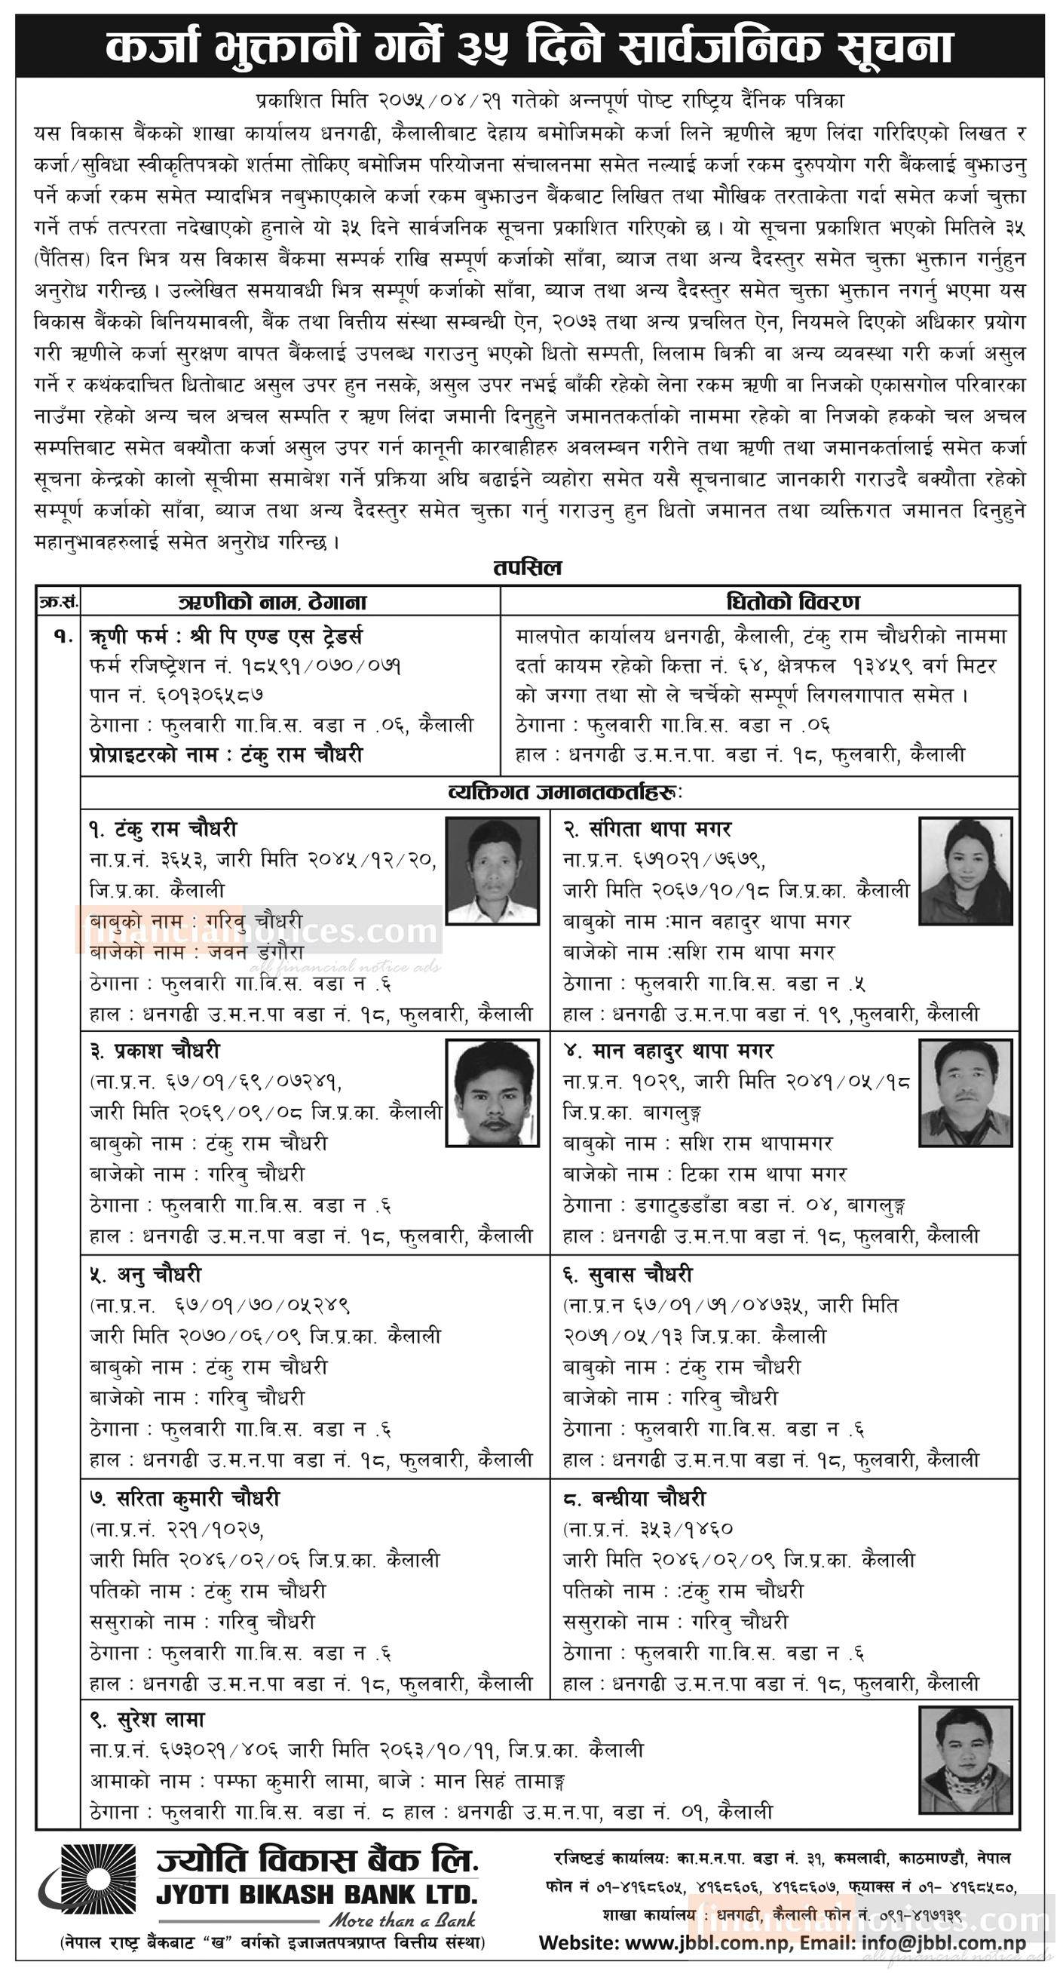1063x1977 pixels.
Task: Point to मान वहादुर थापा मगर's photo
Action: [x=966, y=1092]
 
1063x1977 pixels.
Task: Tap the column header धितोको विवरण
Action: [x=759, y=602]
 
